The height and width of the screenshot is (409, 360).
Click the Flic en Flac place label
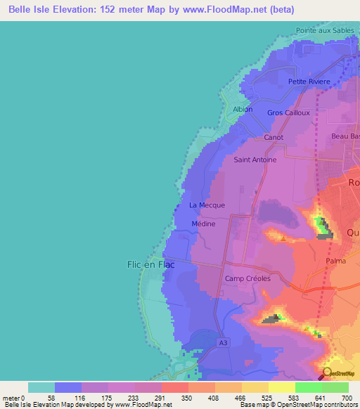click(x=150, y=264)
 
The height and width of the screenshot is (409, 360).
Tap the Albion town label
click(x=243, y=110)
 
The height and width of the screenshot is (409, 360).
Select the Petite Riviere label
click(x=309, y=82)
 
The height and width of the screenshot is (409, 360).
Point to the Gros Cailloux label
click(x=289, y=112)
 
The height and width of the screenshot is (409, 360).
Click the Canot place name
click(x=274, y=137)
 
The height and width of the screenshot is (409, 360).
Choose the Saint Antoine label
click(x=255, y=160)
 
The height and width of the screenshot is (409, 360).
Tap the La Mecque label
click(x=207, y=205)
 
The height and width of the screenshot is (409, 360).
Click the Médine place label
click(x=203, y=223)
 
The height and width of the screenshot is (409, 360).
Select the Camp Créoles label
click(x=247, y=278)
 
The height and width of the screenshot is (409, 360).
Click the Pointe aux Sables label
click(x=326, y=32)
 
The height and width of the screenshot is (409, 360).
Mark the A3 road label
click(x=223, y=342)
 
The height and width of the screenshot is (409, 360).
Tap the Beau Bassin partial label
click(x=345, y=137)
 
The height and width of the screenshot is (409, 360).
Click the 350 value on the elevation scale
click(x=188, y=398)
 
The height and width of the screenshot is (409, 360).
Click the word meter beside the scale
click(x=11, y=398)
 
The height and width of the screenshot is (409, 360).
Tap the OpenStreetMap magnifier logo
click(x=327, y=372)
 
